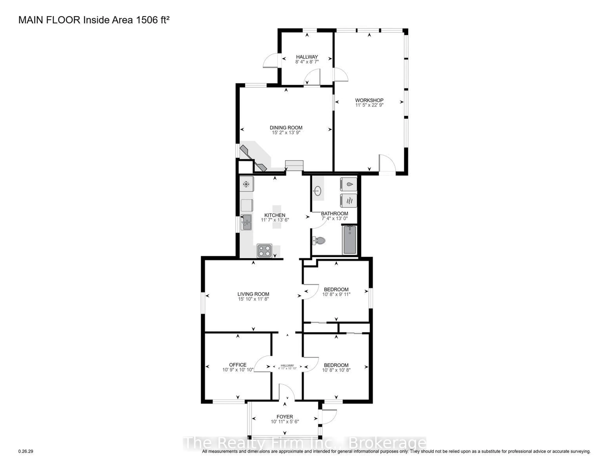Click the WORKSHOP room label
tap(369, 100)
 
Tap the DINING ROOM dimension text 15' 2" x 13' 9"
tap(286, 133)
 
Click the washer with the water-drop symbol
tap(349, 184)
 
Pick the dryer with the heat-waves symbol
tap(349, 200)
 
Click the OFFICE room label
tap(238, 365)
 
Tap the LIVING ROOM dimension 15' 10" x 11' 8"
tap(253, 299)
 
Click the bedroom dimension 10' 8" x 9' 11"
tap(336, 294)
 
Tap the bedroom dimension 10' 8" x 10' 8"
tap(336, 370)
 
